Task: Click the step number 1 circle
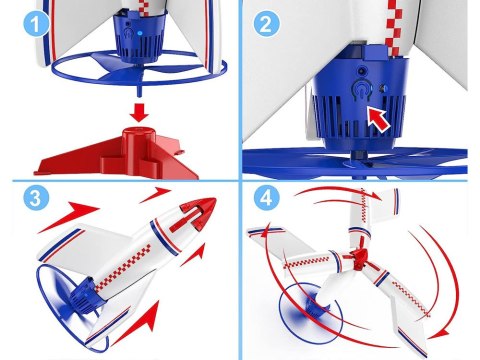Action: (x=35, y=24)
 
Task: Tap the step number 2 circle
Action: (x=266, y=24)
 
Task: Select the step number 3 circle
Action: (x=36, y=198)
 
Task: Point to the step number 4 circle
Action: (x=266, y=198)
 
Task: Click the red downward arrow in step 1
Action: (x=139, y=113)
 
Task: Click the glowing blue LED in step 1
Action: (x=140, y=33)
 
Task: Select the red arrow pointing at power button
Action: (x=379, y=119)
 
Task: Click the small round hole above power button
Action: (x=361, y=71)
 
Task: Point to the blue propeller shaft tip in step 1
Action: (x=139, y=92)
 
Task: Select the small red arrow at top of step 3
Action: (x=155, y=195)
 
